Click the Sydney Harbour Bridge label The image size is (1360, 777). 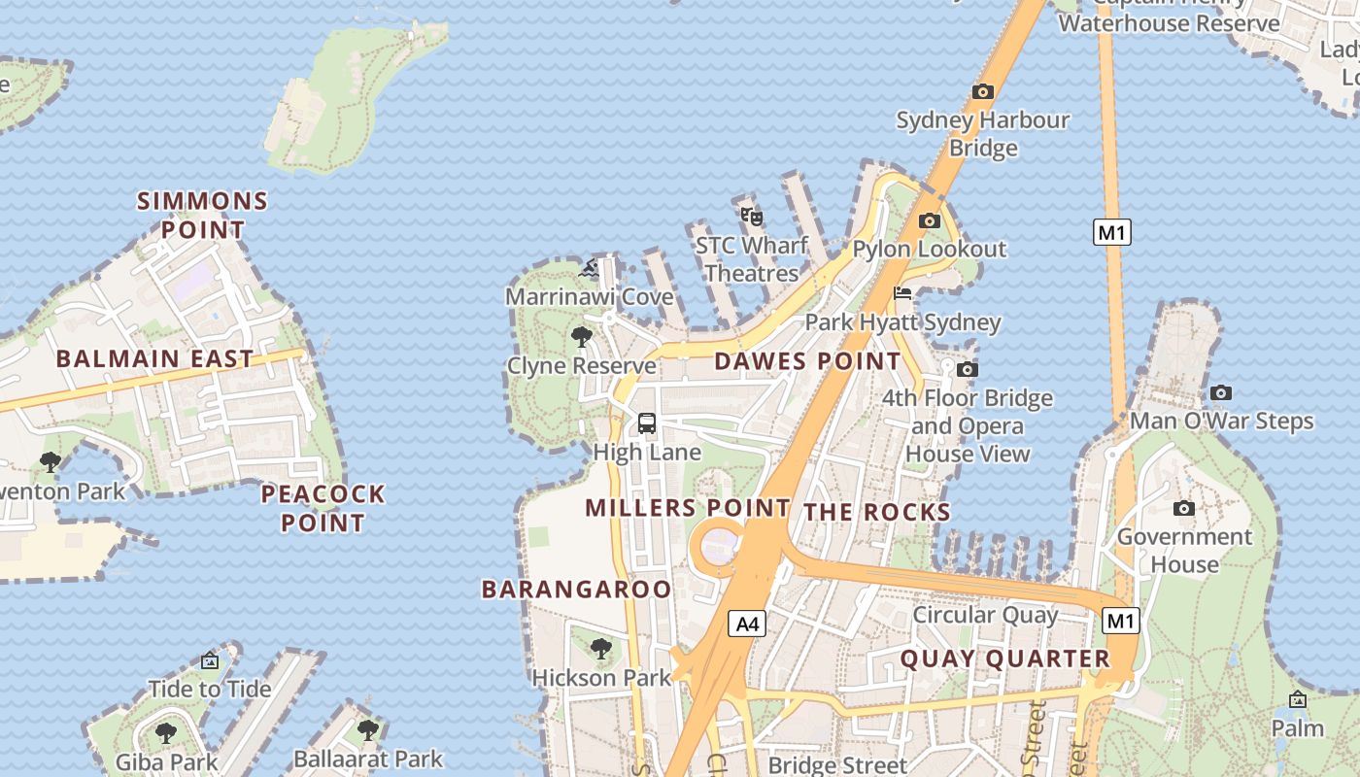982,134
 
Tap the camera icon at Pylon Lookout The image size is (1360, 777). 930,220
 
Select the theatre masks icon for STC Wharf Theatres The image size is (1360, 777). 751,216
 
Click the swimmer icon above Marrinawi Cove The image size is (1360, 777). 590,267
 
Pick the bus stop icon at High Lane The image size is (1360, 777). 647,423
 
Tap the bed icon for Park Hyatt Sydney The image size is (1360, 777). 902,293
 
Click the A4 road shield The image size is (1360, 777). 747,624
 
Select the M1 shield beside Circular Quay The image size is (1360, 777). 1121,621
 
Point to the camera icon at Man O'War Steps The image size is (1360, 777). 1221,392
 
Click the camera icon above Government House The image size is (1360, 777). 1183,508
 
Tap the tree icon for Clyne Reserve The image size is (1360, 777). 582,337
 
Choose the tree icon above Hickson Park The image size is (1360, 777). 601,648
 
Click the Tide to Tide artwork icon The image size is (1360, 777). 210,660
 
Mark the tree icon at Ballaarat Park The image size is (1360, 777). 367,729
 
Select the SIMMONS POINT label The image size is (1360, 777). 202,216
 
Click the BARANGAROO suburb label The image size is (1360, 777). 576,590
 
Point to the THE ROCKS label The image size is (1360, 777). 876,513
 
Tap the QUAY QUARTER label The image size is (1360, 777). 1004,659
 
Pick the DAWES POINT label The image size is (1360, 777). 807,361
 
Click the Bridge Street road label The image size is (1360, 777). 837,764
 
